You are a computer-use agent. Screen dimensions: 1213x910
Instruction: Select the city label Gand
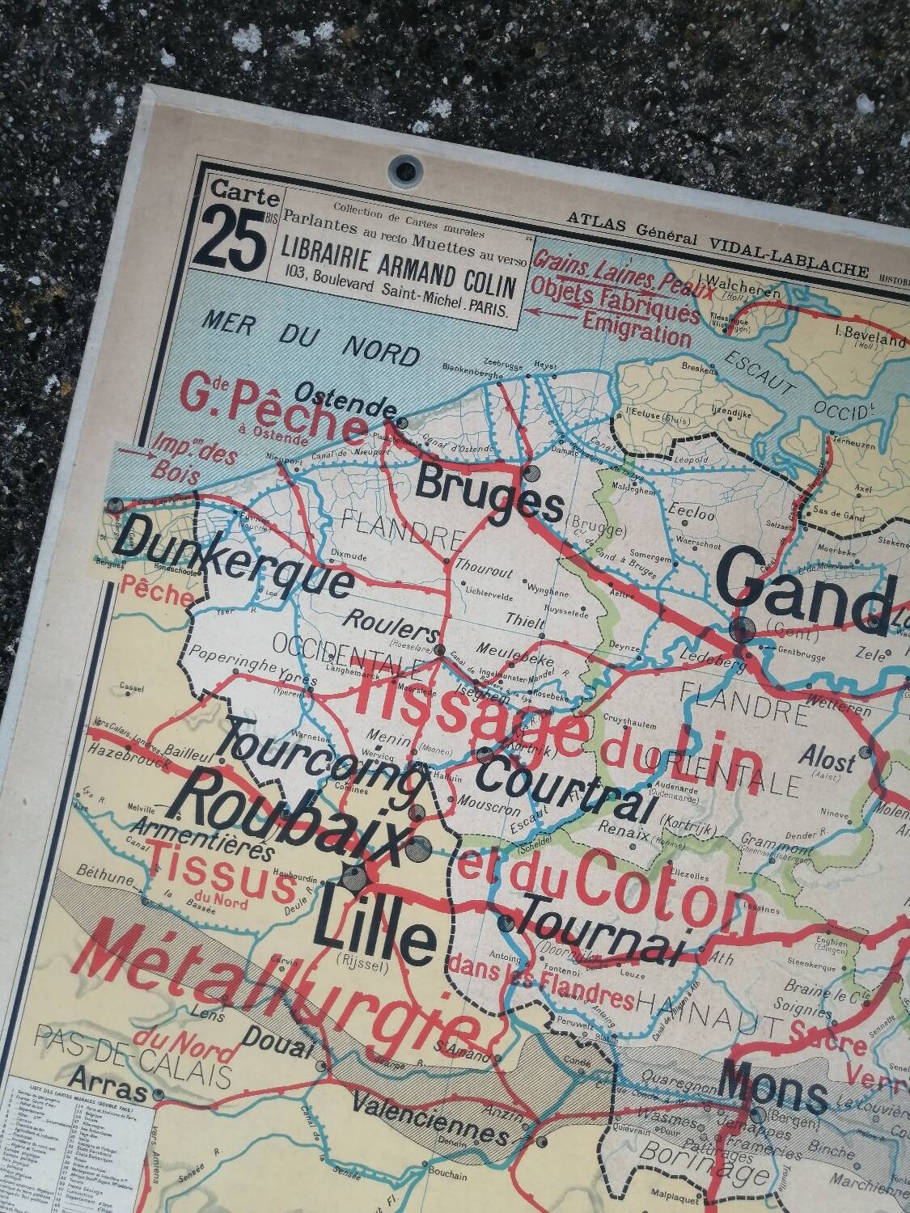[x=809, y=591]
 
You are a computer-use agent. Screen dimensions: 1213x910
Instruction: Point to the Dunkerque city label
[x=232, y=564]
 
